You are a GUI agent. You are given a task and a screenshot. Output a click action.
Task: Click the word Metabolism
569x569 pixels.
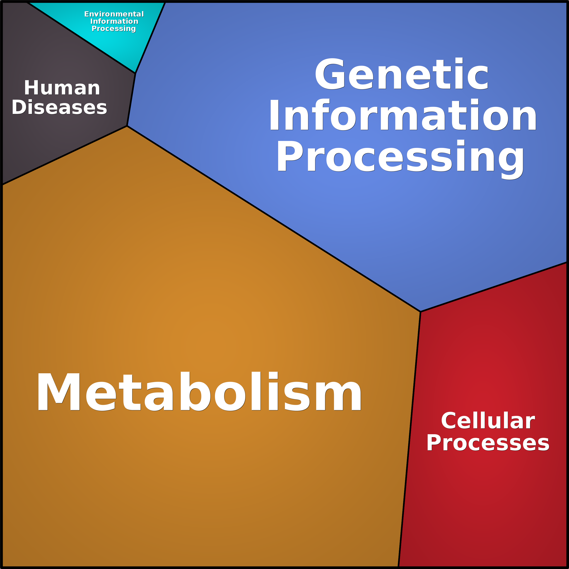tap(199, 392)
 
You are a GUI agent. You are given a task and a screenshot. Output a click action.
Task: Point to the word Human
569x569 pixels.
tap(62, 88)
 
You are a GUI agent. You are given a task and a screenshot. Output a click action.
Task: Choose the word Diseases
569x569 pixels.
tap(59, 107)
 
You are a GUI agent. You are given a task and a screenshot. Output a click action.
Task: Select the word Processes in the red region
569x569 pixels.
tap(488, 443)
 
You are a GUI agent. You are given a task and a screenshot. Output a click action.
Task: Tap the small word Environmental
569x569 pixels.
tap(114, 14)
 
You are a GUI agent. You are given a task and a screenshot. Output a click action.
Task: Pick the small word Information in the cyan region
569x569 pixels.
tap(114, 21)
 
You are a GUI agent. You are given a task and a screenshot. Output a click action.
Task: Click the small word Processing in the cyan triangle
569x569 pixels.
tap(114, 29)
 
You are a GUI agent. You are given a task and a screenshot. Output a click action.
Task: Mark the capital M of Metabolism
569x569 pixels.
tap(59, 392)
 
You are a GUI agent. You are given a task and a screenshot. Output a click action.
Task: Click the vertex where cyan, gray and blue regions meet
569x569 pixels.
tap(135, 73)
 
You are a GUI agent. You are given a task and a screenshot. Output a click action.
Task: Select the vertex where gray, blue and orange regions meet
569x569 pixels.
tap(127, 126)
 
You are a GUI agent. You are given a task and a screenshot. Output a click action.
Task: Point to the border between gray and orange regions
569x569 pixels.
tap(65, 155)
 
